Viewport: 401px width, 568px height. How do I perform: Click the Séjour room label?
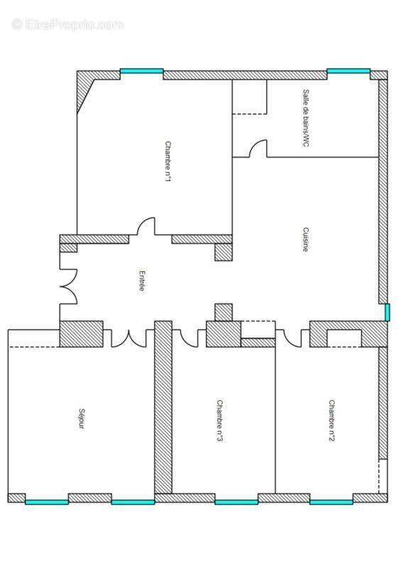pyautogui.click(x=80, y=418)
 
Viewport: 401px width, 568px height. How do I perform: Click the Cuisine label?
pyautogui.click(x=305, y=239)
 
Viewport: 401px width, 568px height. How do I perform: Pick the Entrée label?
pyautogui.click(x=142, y=280)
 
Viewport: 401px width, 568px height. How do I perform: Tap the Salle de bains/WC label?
pyautogui.click(x=307, y=118)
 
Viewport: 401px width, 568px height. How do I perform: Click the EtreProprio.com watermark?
pyautogui.click(x=68, y=24)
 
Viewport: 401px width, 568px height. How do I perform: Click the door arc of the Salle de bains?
pyautogui.click(x=258, y=148)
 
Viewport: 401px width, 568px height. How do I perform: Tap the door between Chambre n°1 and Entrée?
pyautogui.click(x=145, y=227)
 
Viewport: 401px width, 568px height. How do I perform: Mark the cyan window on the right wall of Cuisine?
pyautogui.click(x=387, y=312)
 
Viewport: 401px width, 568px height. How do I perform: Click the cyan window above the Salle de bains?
pyautogui.click(x=348, y=72)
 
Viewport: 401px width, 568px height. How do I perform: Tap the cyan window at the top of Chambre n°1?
pyautogui.click(x=141, y=72)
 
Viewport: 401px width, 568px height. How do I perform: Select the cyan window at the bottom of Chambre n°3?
pyautogui.click(x=236, y=502)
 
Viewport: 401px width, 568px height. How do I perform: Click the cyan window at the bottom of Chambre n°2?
pyautogui.click(x=331, y=502)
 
